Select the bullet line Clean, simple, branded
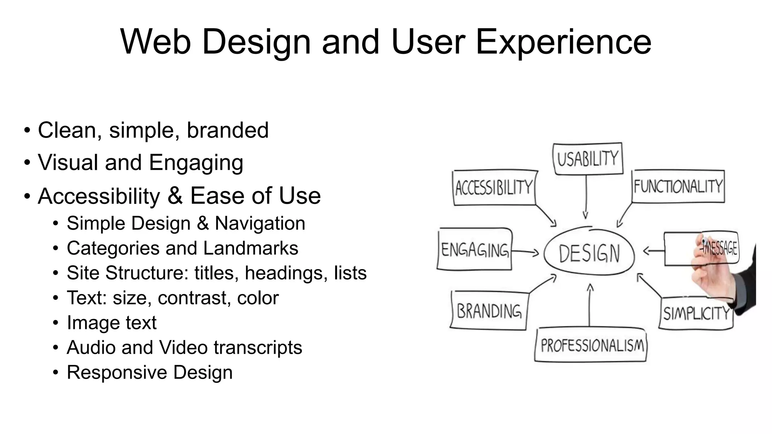[153, 130]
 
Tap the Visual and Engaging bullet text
[140, 163]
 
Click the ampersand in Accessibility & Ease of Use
[175, 196]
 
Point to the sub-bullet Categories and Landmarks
[182, 248]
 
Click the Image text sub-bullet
[111, 323]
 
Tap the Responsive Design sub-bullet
[149, 373]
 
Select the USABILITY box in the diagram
[588, 159]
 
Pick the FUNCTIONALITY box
[678, 186]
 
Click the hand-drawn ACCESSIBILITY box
[494, 188]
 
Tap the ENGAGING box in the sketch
[475, 249]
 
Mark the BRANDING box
[489, 311]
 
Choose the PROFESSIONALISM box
[591, 345]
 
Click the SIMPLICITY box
[696, 313]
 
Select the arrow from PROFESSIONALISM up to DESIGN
[590, 305]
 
